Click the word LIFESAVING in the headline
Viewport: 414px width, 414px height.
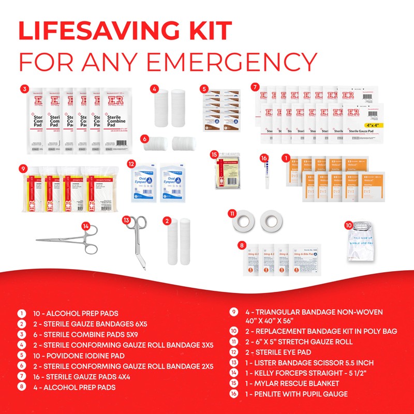pyautogui.click(x=124, y=32)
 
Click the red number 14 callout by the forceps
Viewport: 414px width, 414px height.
pyautogui.click(x=86, y=226)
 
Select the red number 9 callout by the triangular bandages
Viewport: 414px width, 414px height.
pyautogui.click(x=23, y=168)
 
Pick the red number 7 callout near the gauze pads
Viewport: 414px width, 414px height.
pyautogui.click(x=255, y=86)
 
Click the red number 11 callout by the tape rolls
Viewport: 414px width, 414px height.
pyautogui.click(x=233, y=213)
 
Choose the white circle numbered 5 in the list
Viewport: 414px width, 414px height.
pyautogui.click(x=22, y=355)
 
